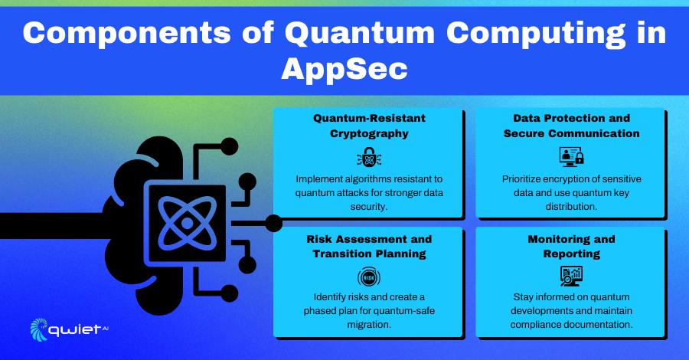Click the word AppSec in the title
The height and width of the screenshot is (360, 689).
coord(344,69)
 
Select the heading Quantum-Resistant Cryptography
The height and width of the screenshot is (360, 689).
coord(369,126)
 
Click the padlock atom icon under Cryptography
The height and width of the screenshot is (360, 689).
coord(369,157)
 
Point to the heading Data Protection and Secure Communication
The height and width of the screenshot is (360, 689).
coord(571,126)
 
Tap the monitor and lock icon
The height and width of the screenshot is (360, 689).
coord(571,157)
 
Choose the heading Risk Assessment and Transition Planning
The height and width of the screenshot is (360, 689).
coord(369,247)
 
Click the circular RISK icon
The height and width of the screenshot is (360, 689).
coord(369,277)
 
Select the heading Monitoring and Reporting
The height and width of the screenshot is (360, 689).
coord(571,247)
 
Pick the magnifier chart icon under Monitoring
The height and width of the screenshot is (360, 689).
coord(571,277)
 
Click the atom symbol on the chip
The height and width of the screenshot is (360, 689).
coord(188,224)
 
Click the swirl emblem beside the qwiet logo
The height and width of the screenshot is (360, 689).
coord(39,329)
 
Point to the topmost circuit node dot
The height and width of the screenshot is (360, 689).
coord(229,146)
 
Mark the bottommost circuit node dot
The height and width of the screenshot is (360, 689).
coord(229,293)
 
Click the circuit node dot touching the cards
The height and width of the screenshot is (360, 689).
coord(274,224)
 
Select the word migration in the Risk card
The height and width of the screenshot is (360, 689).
coord(369,325)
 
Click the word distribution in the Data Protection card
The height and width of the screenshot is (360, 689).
coord(571,207)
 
